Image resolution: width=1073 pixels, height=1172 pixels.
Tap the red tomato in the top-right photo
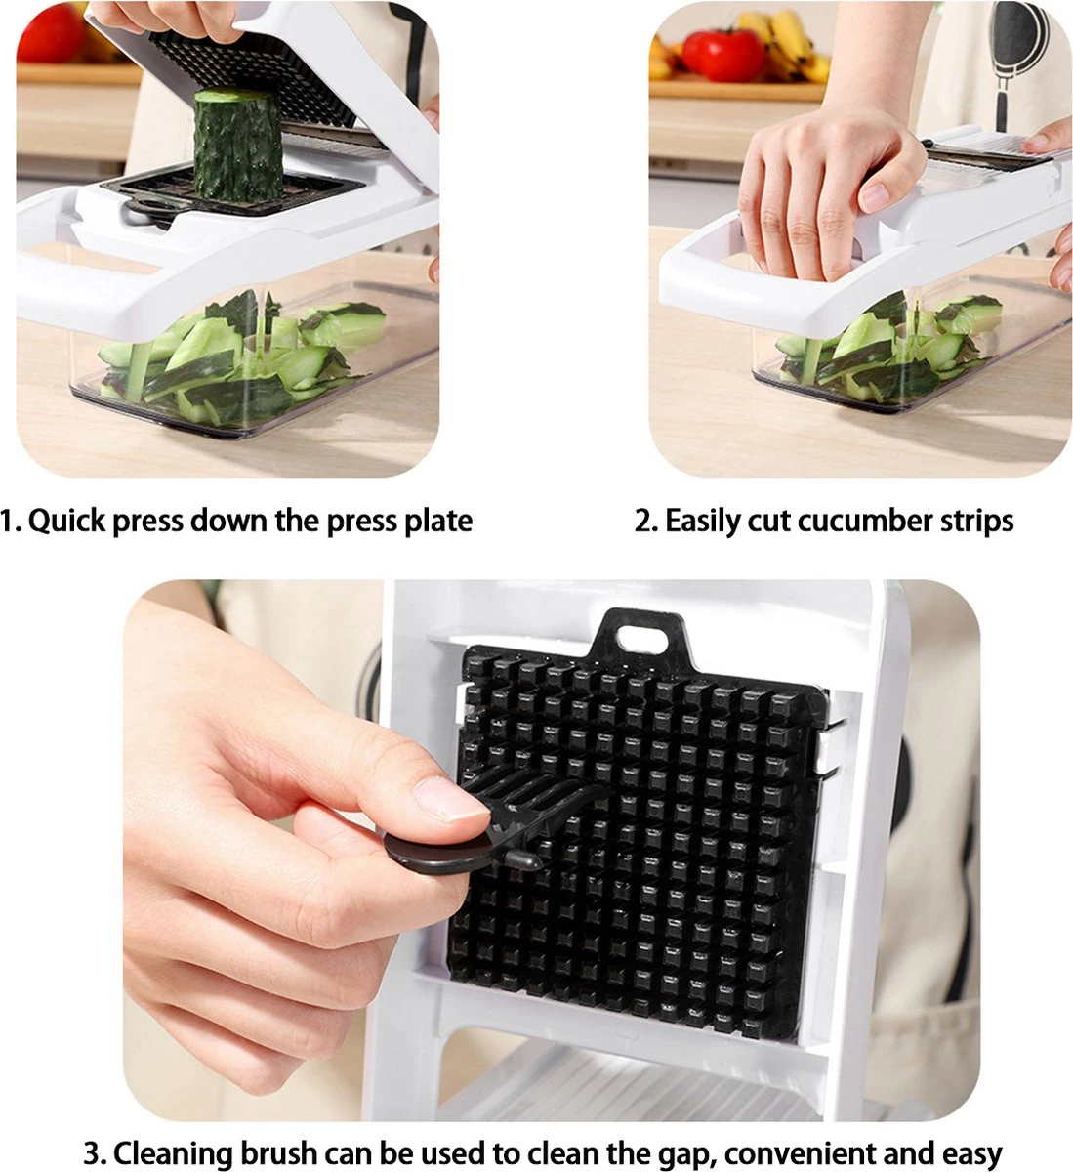point(723,55)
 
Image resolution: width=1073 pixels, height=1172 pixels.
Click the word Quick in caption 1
point(66,521)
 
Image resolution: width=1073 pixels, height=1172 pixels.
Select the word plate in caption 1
point(438,521)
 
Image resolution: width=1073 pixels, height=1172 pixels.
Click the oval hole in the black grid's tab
point(640,639)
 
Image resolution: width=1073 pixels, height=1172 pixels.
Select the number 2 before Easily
point(642,521)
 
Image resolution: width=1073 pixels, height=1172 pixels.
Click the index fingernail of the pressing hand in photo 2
point(875,196)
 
